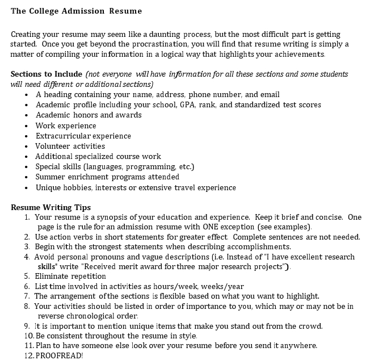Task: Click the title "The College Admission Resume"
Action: pyautogui.click(x=76, y=11)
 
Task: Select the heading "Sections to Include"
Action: pyautogui.click(x=46, y=74)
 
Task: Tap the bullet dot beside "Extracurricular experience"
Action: pyautogui.click(x=27, y=136)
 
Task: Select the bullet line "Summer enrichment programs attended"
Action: pyautogui.click(x=107, y=177)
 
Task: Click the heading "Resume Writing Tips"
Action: pyautogui.click(x=51, y=207)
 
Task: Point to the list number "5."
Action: pyautogui.click(x=27, y=276)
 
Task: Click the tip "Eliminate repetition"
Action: pyautogui.click(x=70, y=276)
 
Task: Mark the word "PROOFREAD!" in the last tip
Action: pyautogui.click(x=59, y=355)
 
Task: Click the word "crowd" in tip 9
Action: pyautogui.click(x=310, y=326)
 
